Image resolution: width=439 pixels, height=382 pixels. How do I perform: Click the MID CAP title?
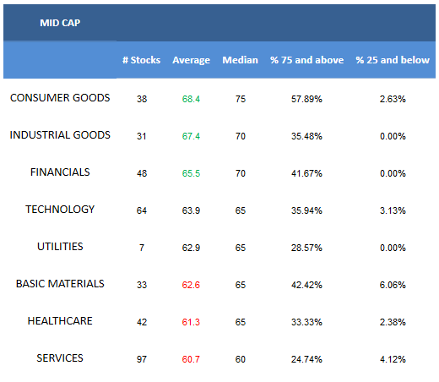click(x=60, y=23)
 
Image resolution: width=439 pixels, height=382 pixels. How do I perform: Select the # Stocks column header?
click(x=141, y=60)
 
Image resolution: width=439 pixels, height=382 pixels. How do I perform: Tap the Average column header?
click(x=191, y=60)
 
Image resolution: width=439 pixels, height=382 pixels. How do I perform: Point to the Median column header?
click(x=240, y=60)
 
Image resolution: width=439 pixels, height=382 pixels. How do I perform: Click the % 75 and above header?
click(x=306, y=60)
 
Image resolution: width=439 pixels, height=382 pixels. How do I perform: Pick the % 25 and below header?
click(x=393, y=60)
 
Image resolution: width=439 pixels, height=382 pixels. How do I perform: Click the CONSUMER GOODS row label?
click(x=60, y=98)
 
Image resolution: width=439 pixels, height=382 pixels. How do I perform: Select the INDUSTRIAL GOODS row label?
click(x=60, y=135)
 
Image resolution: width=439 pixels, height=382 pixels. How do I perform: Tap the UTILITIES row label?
click(x=60, y=247)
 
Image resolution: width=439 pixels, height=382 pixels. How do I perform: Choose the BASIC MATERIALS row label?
click(x=60, y=284)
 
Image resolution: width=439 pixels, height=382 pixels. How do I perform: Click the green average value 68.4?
click(x=191, y=99)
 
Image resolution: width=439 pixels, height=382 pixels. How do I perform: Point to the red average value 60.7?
click(x=191, y=359)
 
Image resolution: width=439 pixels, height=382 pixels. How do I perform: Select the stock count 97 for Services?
click(x=142, y=359)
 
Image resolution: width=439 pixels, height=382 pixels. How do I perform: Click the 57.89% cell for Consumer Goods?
click(x=306, y=99)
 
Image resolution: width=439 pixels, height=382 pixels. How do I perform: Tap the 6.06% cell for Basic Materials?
click(x=393, y=285)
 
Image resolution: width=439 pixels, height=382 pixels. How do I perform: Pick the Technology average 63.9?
click(x=191, y=210)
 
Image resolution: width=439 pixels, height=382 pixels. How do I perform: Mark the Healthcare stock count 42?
click(x=142, y=322)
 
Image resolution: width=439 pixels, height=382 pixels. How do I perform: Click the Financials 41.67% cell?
click(x=306, y=173)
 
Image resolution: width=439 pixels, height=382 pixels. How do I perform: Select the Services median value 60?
click(x=241, y=359)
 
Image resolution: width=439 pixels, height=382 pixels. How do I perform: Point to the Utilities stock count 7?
click(x=142, y=248)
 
